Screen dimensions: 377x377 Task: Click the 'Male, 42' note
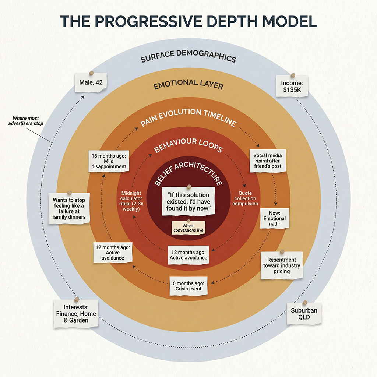click(91, 82)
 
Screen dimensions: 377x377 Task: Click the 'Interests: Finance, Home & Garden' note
click(76, 314)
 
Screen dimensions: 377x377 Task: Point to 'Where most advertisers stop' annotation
click(25, 120)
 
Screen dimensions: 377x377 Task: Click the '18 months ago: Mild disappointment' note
click(109, 161)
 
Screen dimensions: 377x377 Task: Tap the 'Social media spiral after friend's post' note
click(267, 161)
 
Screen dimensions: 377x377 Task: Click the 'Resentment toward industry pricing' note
click(282, 265)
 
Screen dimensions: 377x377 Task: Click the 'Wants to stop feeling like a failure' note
click(69, 207)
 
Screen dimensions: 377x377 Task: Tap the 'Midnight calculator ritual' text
click(132, 201)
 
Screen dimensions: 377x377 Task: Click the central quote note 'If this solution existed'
click(188, 201)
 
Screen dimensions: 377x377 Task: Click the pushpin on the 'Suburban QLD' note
click(304, 303)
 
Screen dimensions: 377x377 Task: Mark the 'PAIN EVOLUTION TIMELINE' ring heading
click(188, 117)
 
